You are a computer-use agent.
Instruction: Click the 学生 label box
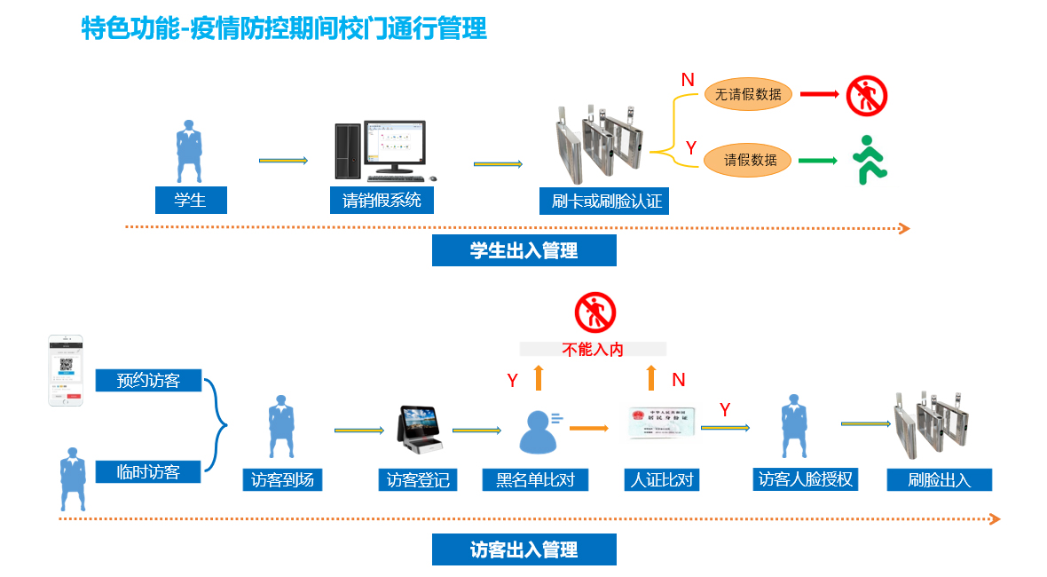191,201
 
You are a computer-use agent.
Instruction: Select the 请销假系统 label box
382,201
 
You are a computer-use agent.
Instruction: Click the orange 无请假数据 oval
747,95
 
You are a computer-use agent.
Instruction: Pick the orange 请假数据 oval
747,160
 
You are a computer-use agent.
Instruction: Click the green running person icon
870,160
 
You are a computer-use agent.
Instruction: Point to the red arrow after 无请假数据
819,93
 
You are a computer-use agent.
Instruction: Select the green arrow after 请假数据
818,161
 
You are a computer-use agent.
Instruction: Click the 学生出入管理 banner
523,251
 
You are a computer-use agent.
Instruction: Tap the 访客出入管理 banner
523,549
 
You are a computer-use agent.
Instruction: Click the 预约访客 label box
148,381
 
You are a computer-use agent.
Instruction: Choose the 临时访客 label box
148,472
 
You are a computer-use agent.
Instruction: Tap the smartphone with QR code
66,371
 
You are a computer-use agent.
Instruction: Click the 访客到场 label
282,480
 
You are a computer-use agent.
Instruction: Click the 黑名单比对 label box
535,480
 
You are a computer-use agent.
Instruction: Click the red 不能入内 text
593,349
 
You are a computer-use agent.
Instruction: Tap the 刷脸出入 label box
939,480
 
